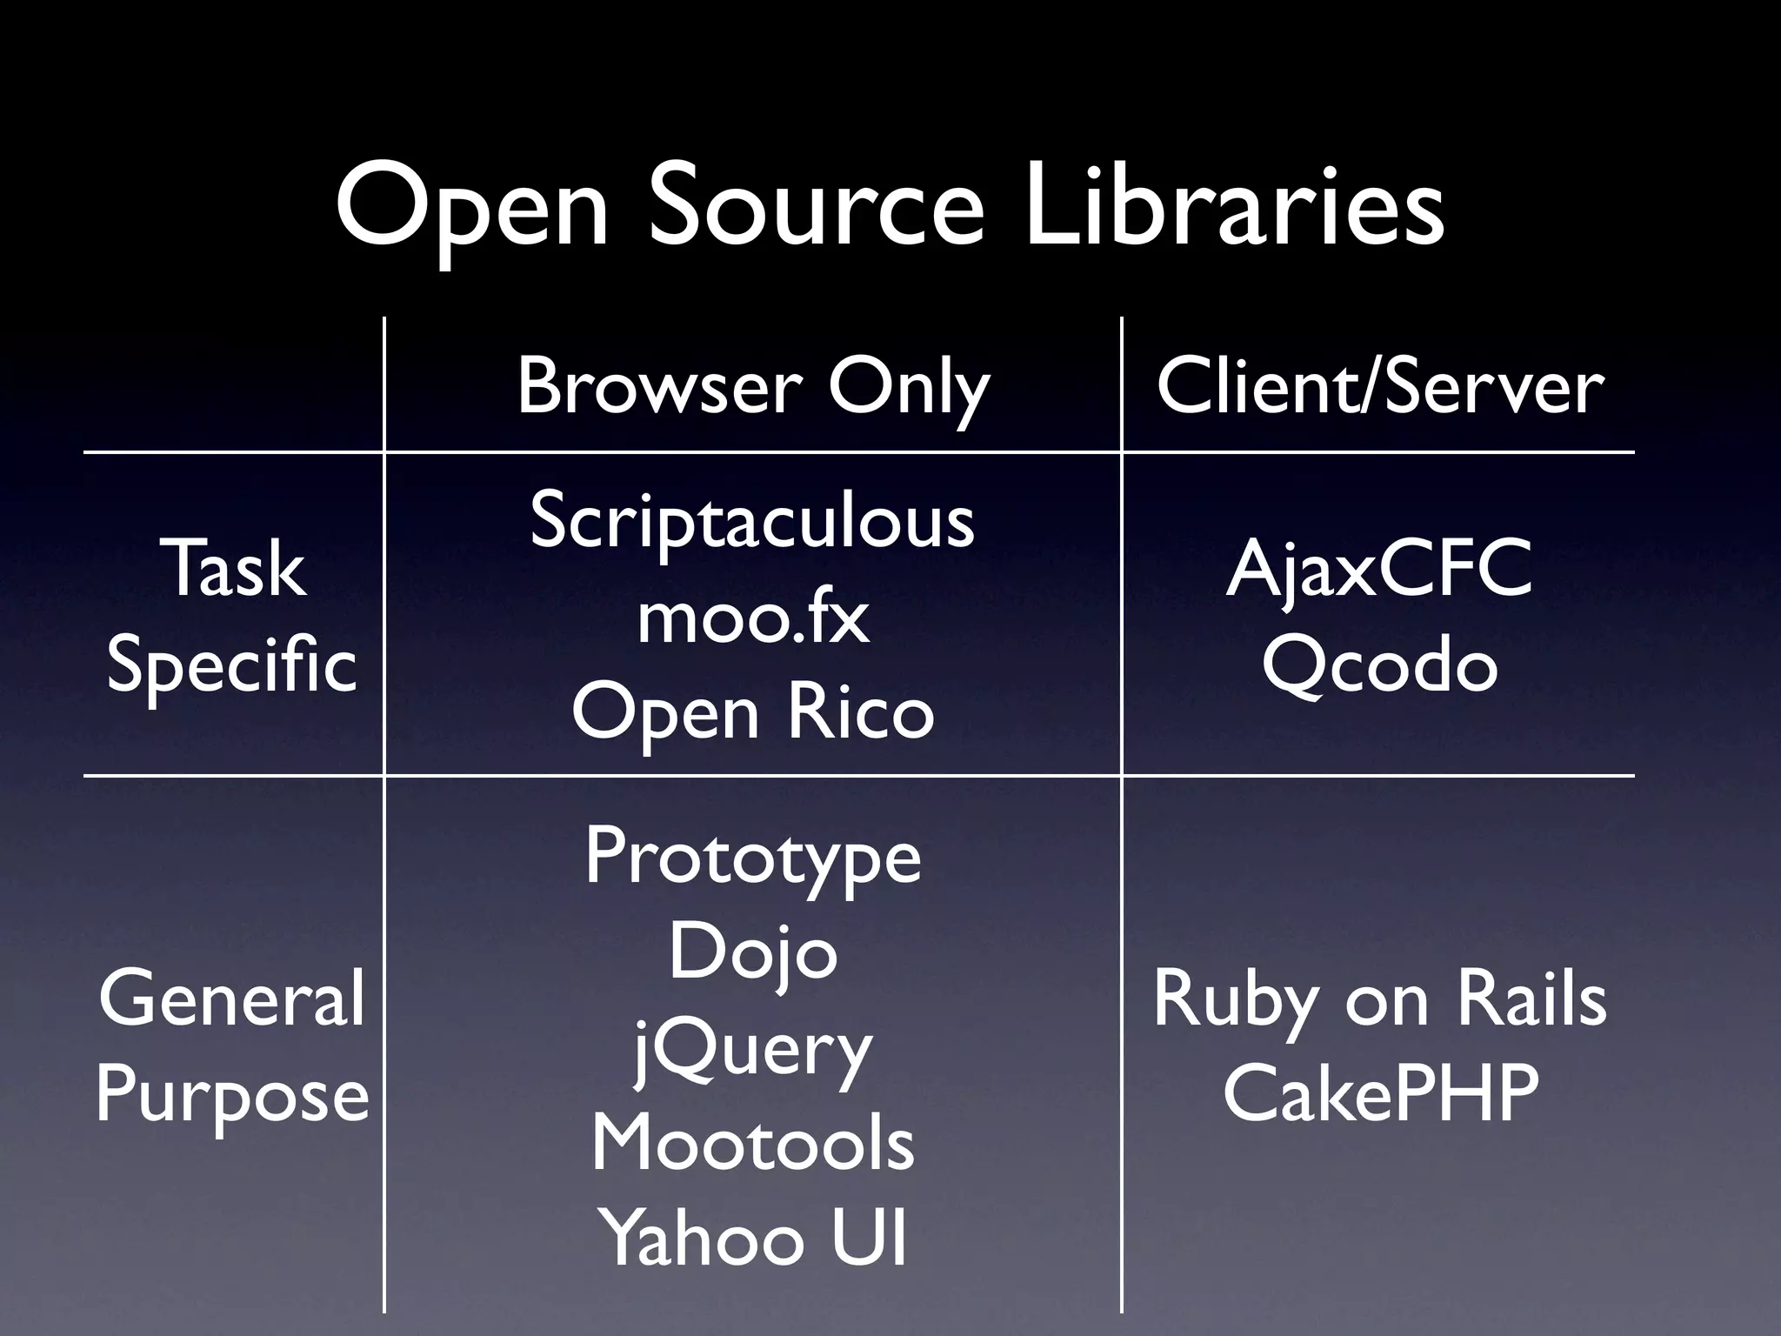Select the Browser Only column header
pyautogui.click(x=753, y=387)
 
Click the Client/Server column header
pyautogui.click(x=1380, y=387)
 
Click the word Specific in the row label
pyautogui.click(x=231, y=665)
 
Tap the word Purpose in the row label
pyautogui.click(x=232, y=1094)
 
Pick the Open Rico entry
pyautogui.click(x=753, y=712)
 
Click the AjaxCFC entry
pyautogui.click(x=1379, y=569)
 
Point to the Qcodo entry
pyautogui.click(x=1380, y=665)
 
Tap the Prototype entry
pyautogui.click(x=753, y=857)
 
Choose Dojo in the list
pyautogui.click(x=753, y=952)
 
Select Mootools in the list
pyautogui.click(x=753, y=1144)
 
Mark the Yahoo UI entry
pyautogui.click(x=753, y=1238)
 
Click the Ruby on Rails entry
pyautogui.click(x=1380, y=999)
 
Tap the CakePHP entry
pyautogui.click(x=1380, y=1094)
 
